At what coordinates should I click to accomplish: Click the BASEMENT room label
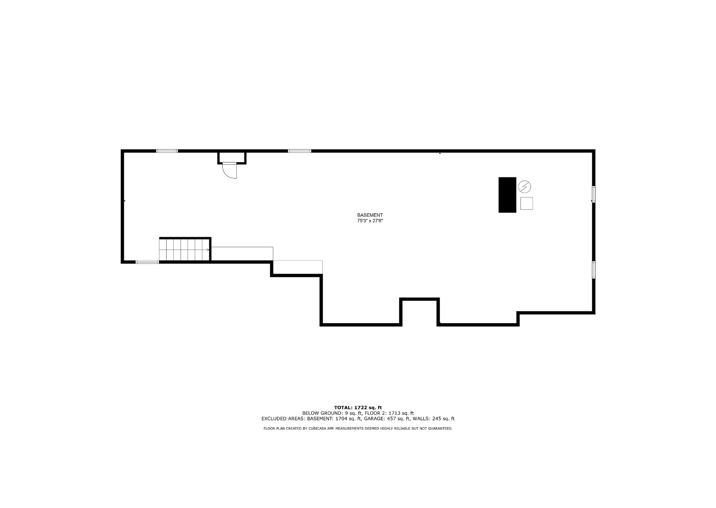(370, 215)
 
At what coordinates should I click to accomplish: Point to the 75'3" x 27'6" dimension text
(370, 221)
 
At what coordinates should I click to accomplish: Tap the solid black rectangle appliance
(507, 195)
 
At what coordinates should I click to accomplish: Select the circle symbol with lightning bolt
(524, 187)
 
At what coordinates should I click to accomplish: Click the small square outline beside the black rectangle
(526, 203)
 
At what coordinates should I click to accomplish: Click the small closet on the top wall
(232, 158)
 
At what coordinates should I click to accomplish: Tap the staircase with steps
(185, 249)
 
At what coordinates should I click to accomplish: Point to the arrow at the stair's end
(208, 249)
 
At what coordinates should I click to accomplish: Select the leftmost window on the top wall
(167, 151)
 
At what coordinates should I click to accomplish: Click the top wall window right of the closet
(299, 151)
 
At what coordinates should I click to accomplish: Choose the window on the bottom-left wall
(147, 262)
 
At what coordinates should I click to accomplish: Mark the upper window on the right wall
(593, 194)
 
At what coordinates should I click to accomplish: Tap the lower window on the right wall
(593, 270)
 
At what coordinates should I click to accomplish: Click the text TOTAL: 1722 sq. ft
(358, 408)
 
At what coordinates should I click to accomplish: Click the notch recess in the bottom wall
(419, 311)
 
